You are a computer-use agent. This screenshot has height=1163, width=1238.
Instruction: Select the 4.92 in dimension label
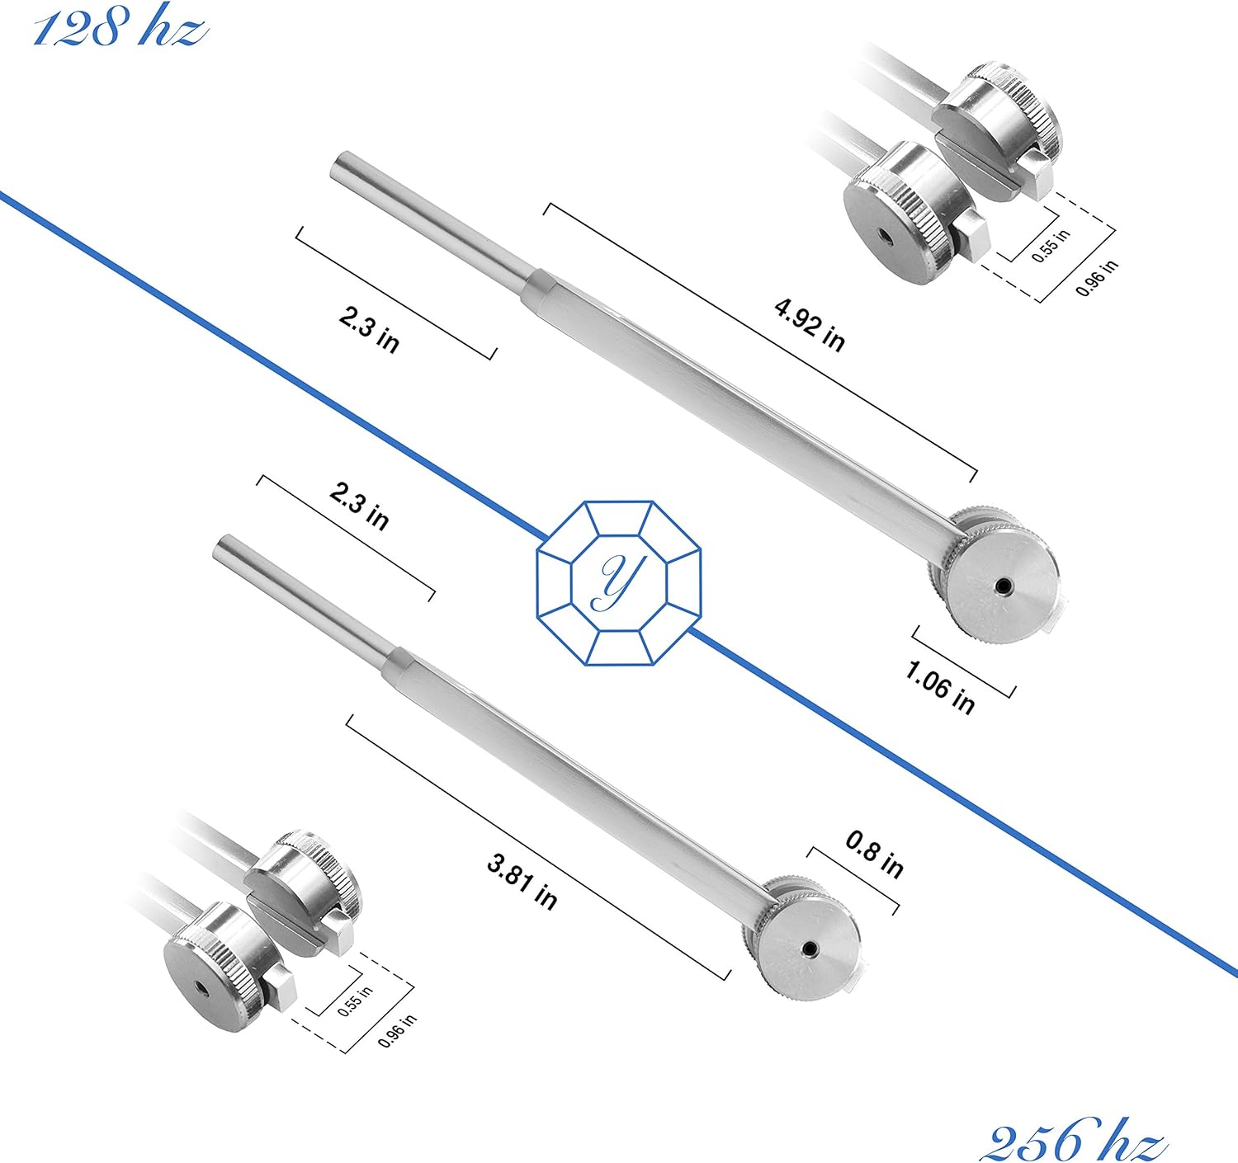(x=809, y=325)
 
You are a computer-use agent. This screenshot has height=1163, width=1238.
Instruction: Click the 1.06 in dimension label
(x=939, y=686)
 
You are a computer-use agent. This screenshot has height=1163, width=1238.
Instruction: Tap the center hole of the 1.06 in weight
(x=1003, y=586)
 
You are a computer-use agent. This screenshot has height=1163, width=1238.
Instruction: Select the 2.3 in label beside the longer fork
(x=369, y=328)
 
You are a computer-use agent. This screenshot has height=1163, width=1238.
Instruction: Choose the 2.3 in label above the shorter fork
(x=359, y=506)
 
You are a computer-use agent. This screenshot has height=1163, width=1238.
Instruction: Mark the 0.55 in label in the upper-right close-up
(x=1051, y=245)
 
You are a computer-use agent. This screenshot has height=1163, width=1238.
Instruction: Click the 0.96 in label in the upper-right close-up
(x=1097, y=277)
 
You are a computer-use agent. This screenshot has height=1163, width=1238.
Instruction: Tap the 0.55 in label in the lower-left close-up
(x=355, y=1001)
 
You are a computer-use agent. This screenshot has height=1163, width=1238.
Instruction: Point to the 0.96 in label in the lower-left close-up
(x=397, y=1031)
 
